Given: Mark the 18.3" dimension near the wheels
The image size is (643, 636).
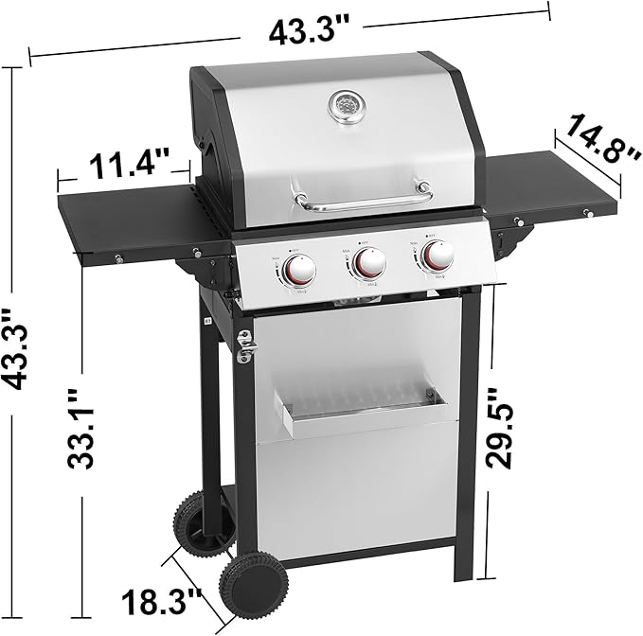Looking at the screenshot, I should (x=162, y=600).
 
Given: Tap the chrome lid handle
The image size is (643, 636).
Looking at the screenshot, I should (x=362, y=200).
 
